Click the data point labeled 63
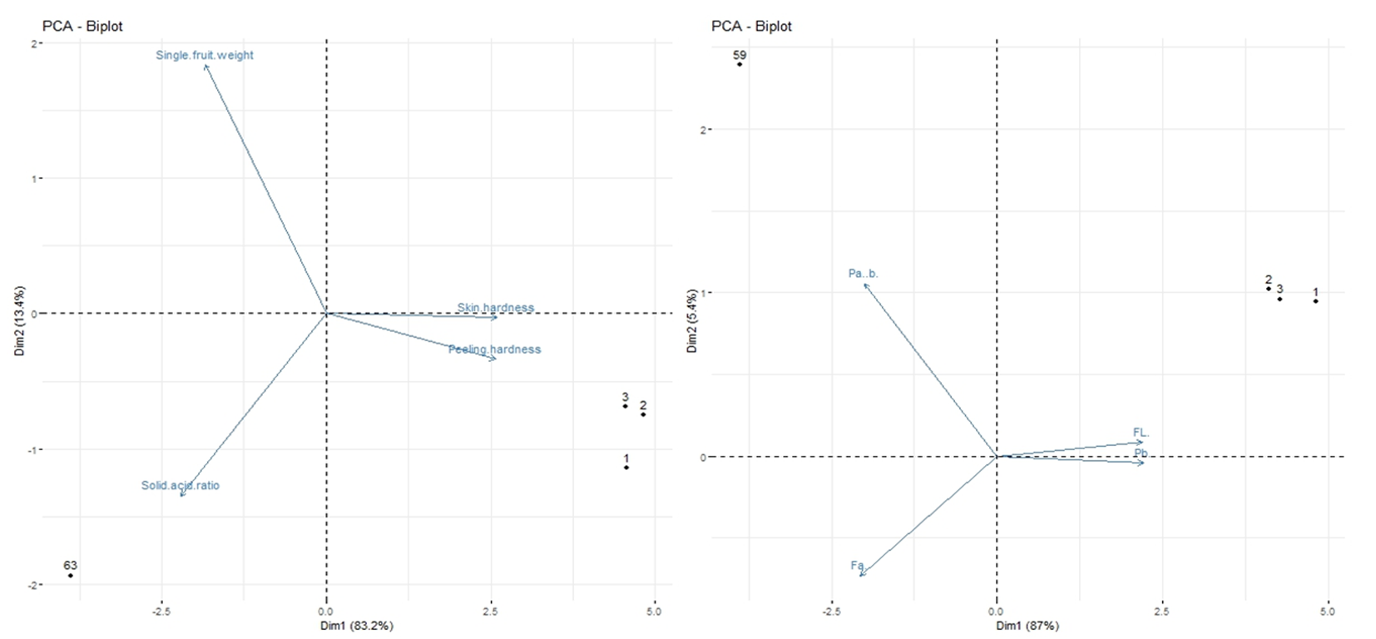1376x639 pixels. coord(71,575)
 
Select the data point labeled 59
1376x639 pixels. coord(740,64)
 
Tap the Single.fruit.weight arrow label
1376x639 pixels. coord(205,56)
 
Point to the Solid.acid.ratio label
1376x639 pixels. coord(181,485)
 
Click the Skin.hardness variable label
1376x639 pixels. coord(496,308)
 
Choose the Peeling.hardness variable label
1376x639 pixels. coord(494,349)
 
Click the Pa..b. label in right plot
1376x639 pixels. coord(863,273)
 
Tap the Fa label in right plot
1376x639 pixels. coord(857,566)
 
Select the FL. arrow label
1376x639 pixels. coord(1141,433)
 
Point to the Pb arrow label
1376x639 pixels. coord(1141,453)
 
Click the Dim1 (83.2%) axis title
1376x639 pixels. coord(357,625)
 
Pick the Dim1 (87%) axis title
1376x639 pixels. coord(1027,625)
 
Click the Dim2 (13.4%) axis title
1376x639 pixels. coord(20,321)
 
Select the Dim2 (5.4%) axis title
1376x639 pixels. coord(691,321)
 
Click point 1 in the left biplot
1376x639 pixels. coord(626,468)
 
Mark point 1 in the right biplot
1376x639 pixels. coord(1315,300)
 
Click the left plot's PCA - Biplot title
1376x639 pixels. coord(82,26)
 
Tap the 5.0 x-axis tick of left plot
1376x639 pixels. coord(654,612)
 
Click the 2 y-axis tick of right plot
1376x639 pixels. coord(703,130)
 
